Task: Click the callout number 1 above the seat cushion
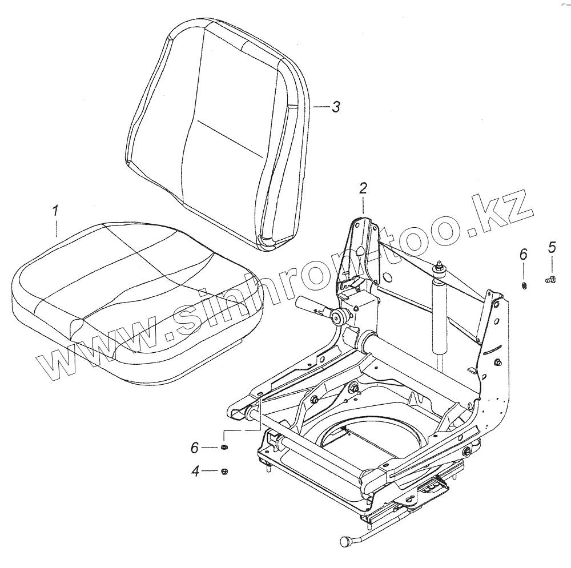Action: point(55,212)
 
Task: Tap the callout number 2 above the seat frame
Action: point(363,188)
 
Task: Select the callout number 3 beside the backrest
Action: point(335,107)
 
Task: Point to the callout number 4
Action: point(195,472)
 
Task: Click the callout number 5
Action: point(552,247)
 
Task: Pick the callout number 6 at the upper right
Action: point(523,254)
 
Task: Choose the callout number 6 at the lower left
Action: point(195,448)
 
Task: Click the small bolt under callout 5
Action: point(550,280)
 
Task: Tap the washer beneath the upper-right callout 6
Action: point(524,286)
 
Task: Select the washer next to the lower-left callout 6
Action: point(224,447)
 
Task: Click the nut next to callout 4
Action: point(224,472)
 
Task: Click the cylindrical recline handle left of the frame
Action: point(309,305)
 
